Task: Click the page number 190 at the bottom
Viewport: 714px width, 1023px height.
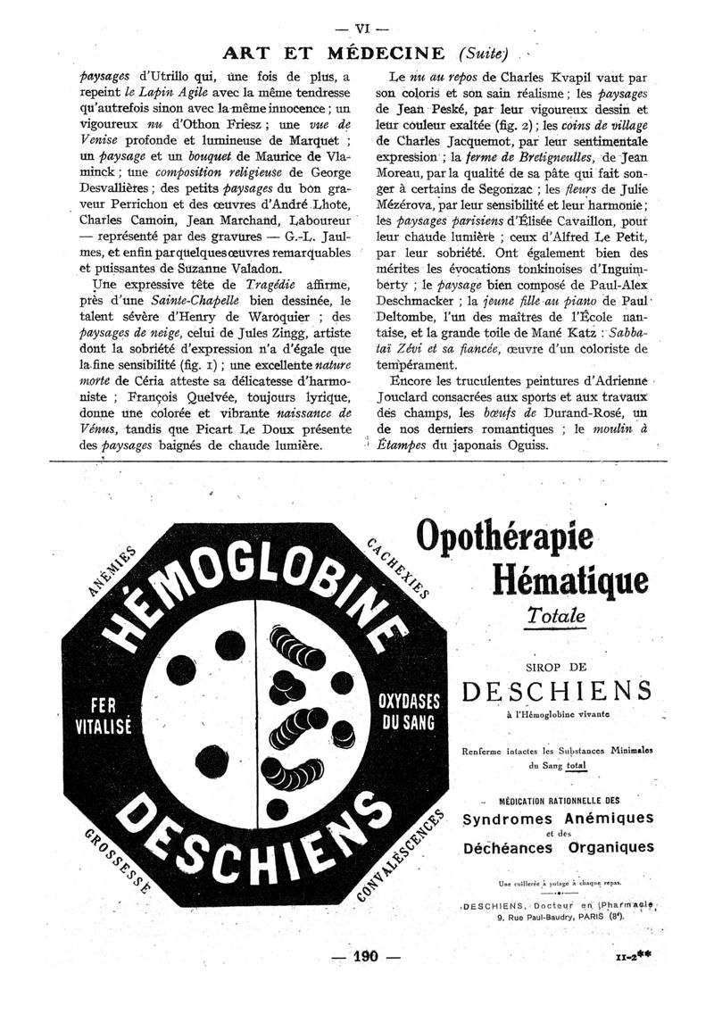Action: pos(366,956)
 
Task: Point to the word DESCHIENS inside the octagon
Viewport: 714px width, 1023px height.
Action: pos(252,841)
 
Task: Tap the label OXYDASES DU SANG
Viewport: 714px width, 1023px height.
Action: pos(406,711)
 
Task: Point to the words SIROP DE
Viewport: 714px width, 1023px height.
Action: pos(556,665)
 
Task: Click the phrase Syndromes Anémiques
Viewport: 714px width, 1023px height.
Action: pos(558,818)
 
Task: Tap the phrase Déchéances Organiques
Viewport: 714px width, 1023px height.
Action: pos(558,847)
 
